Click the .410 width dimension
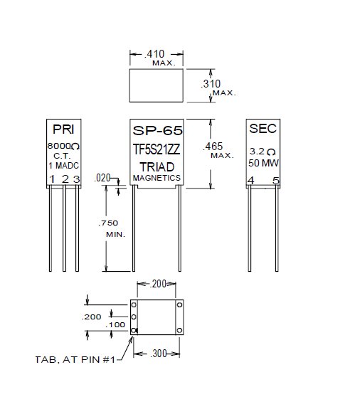pos(154,54)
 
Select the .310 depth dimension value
pos(211,84)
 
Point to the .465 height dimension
pos(213,147)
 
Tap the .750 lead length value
pos(108,223)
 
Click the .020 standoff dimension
pos(102,178)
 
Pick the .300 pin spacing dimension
pos(159,354)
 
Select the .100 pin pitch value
pos(115,325)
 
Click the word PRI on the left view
pos(63,129)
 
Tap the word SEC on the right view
pos(263,129)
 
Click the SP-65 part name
pos(157,131)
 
